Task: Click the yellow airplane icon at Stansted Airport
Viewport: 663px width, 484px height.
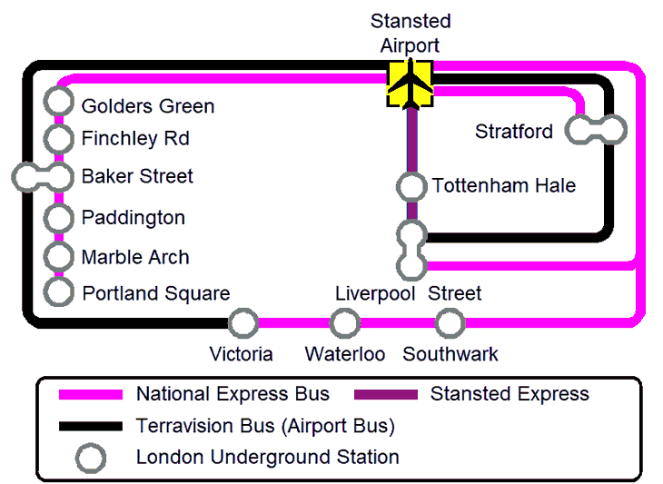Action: (411, 84)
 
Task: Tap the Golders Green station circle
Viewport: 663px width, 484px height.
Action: (60, 103)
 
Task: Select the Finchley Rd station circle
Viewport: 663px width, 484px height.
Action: (60, 139)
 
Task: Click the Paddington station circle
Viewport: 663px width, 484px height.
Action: (60, 218)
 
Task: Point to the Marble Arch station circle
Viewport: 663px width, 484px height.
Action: (60, 257)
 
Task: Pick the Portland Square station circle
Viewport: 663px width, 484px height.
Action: (60, 291)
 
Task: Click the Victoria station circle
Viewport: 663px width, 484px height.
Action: (242, 322)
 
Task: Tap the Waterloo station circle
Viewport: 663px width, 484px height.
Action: (345, 322)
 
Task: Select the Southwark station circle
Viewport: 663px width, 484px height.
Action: (450, 322)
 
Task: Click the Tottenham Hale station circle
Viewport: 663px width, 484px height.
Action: (411, 186)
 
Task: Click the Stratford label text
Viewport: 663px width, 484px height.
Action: (513, 132)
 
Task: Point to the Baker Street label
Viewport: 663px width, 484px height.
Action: (137, 176)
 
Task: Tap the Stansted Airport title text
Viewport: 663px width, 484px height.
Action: (411, 34)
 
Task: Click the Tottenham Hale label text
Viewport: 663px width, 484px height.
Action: (504, 186)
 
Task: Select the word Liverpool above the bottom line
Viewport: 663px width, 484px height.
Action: (375, 293)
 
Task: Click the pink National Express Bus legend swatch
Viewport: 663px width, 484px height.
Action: (91, 395)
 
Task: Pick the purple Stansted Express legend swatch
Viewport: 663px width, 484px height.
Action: (385, 395)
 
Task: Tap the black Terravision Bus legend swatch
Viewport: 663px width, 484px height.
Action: (91, 426)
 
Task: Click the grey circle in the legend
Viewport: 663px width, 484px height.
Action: (91, 458)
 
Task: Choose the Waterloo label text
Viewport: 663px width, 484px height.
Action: (345, 354)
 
